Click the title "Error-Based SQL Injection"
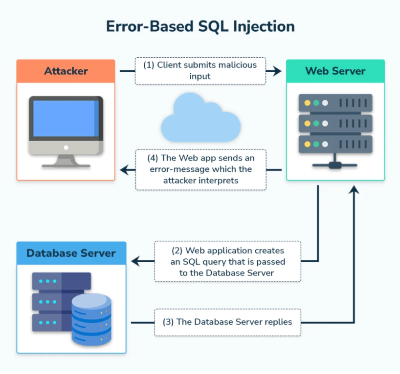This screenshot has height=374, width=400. coord(200,27)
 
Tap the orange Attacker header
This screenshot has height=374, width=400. coord(66,71)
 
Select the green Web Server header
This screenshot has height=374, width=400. coord(335,71)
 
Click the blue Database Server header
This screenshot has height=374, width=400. coord(71,253)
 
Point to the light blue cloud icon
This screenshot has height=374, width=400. coord(200,118)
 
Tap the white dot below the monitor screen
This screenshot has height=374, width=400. coord(66,147)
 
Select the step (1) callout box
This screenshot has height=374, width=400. coord(200,71)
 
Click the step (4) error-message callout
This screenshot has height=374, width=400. coord(201,169)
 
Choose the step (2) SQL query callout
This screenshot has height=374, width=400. coord(227,261)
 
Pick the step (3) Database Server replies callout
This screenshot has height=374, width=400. coord(227,322)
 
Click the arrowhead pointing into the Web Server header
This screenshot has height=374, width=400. coord(277,71)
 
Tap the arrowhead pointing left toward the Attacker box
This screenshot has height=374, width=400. coord(125,170)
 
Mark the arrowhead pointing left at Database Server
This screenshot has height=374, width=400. coord(136,261)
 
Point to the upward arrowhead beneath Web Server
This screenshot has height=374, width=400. coord(354,190)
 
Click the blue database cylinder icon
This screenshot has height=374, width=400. coord(91,319)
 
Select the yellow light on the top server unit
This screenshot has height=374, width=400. coord(307,103)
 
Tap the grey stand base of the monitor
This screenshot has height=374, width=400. coord(66,166)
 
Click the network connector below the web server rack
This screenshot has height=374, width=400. coord(335,166)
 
